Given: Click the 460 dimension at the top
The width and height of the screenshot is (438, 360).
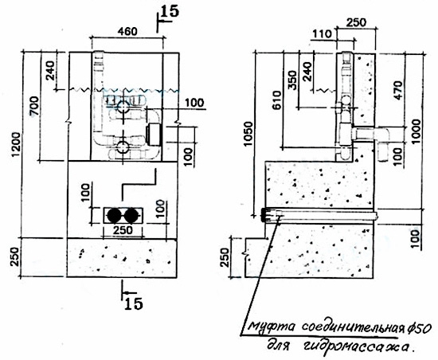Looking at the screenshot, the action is (x=127, y=31).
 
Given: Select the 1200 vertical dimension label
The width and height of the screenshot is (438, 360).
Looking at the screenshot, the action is (x=16, y=144).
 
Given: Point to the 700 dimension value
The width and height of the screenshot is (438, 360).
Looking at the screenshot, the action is (x=36, y=106).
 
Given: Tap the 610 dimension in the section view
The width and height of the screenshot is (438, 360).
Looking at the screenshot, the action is (x=278, y=100).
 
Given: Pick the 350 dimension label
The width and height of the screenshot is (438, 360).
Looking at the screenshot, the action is (x=292, y=80).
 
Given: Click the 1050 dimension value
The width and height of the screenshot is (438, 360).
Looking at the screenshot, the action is (x=248, y=134).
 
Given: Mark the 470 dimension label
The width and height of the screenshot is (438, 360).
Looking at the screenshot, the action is (x=398, y=90).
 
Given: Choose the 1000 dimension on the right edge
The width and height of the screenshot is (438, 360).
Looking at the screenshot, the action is (x=416, y=131).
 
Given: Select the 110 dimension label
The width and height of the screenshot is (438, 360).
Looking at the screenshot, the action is (x=322, y=34).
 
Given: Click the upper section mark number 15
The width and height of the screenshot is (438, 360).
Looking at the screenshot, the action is (x=170, y=11).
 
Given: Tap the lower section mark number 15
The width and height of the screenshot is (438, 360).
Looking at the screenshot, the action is (x=134, y=303).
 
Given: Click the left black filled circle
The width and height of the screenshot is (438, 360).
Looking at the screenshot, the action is (x=115, y=215).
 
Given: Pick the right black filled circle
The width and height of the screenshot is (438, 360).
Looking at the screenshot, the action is (x=131, y=215).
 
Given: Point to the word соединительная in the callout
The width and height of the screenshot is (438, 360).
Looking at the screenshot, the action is (x=354, y=327).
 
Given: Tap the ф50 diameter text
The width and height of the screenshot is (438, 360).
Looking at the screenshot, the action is (x=420, y=327).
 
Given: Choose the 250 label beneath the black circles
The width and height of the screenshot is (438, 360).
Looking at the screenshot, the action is (x=123, y=230).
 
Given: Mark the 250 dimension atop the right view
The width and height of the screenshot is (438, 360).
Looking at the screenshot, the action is (x=356, y=22).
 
